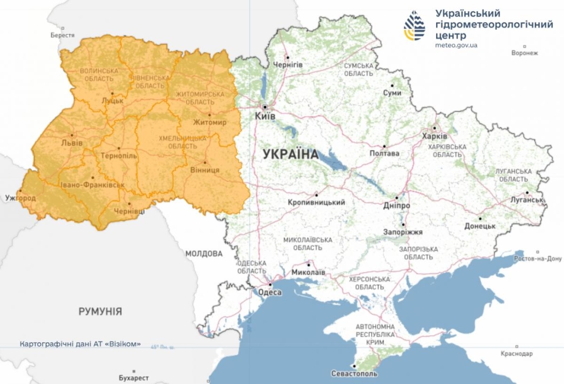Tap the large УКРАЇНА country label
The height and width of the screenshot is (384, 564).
pos(290,154)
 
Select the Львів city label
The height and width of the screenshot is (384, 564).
pos(72,143)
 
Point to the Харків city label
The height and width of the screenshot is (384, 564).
pos(435,136)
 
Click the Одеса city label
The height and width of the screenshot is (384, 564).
pos(270,292)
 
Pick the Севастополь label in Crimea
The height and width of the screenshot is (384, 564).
pos(355,374)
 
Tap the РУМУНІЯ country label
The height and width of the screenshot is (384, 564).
pos(100,311)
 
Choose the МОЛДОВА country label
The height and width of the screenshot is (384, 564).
pos(204,253)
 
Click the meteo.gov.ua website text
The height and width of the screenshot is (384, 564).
pos(456,45)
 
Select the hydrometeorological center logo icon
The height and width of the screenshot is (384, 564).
pos(415,26)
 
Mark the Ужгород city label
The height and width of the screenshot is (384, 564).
pos(20,198)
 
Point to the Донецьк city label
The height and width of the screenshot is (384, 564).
pos(480,226)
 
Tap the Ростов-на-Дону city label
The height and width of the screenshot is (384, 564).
pos(536,258)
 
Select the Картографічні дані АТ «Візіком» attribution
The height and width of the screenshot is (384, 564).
pos(80,344)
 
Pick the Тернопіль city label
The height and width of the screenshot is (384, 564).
pos(118,156)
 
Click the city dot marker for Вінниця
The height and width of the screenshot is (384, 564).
pos(205,163)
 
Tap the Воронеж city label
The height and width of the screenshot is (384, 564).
pos(524,53)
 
